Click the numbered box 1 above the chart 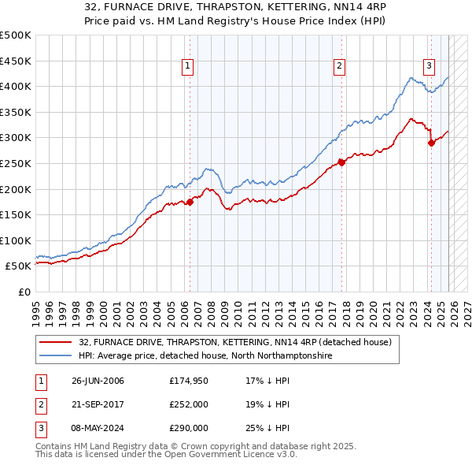[x=189, y=67]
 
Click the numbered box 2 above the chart [x=339, y=67]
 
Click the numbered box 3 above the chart [x=429, y=67]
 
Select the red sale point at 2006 [x=190, y=202]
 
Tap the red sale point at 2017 [x=341, y=163]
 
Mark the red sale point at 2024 [x=431, y=143]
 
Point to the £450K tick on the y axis [x=16, y=61]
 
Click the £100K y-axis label [x=16, y=240]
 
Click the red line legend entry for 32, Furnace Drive [x=228, y=342]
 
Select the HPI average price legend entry [x=205, y=356]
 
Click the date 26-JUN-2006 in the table [x=98, y=381]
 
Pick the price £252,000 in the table [x=189, y=404]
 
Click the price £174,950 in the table [x=189, y=381]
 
